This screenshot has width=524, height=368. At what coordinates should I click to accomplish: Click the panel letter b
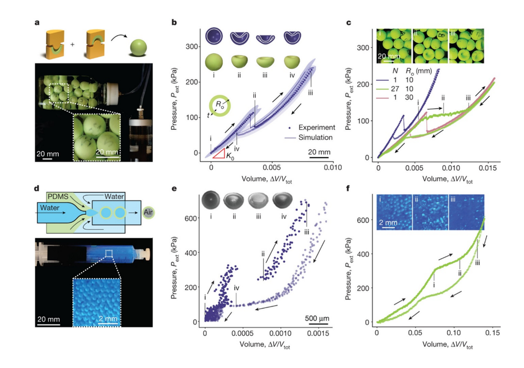(x=174, y=22)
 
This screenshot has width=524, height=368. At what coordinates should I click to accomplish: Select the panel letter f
(x=349, y=188)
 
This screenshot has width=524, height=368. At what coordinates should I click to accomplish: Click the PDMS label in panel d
(x=58, y=196)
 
